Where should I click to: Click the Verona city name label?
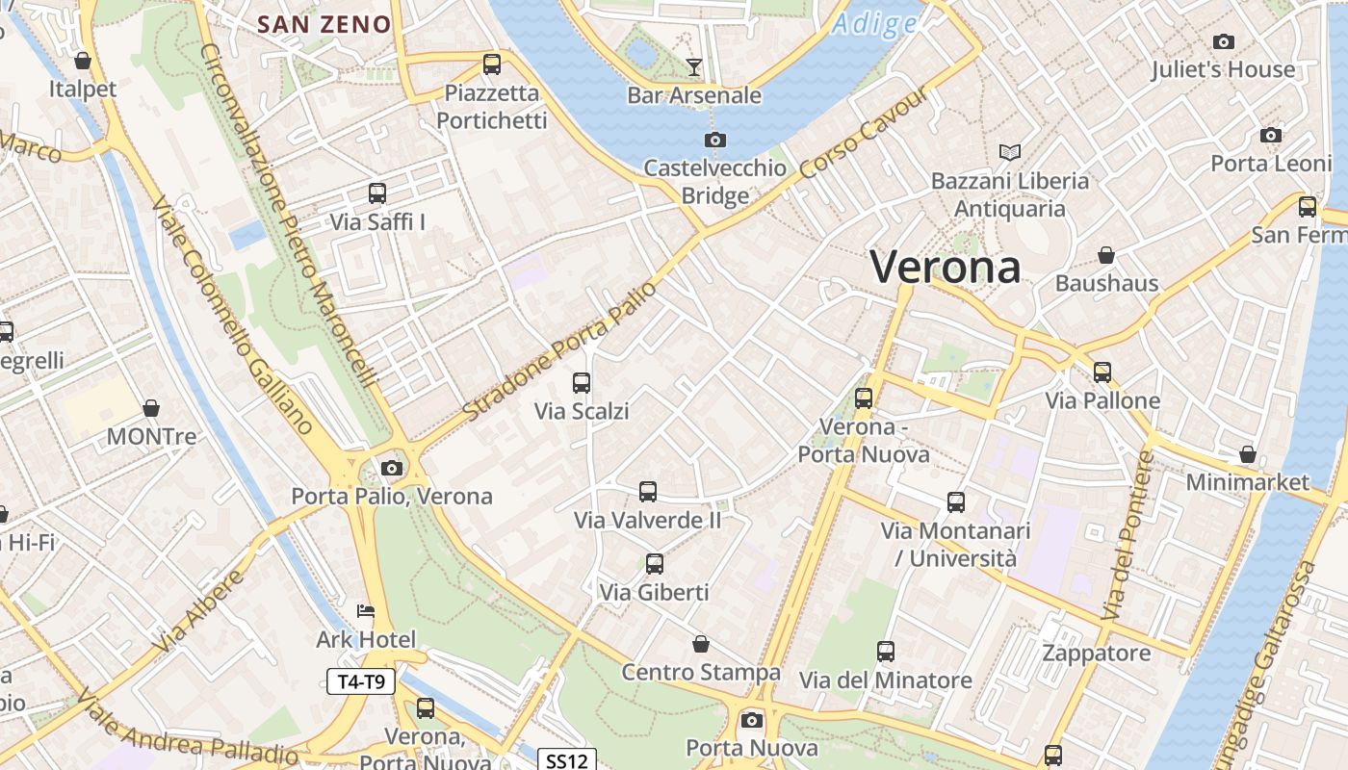(945, 267)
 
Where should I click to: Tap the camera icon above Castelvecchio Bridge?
(714, 141)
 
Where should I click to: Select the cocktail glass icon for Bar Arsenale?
(694, 66)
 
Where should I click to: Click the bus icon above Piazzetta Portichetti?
(492, 64)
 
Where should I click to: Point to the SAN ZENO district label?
(325, 25)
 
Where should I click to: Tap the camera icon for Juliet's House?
(1224, 41)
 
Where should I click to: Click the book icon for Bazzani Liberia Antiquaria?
(1010, 152)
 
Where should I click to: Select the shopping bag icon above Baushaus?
(1106, 255)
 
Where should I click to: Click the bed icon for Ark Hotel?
(366, 611)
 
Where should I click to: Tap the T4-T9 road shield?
(361, 682)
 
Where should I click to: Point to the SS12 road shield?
(566, 760)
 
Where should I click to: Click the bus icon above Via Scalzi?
(582, 383)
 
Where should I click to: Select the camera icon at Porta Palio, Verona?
(392, 469)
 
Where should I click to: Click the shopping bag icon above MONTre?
(151, 408)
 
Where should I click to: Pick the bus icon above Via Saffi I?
(377, 193)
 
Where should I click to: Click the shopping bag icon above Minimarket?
(1248, 453)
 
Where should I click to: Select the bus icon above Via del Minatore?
(886, 652)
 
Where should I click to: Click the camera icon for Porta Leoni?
(1271, 136)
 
